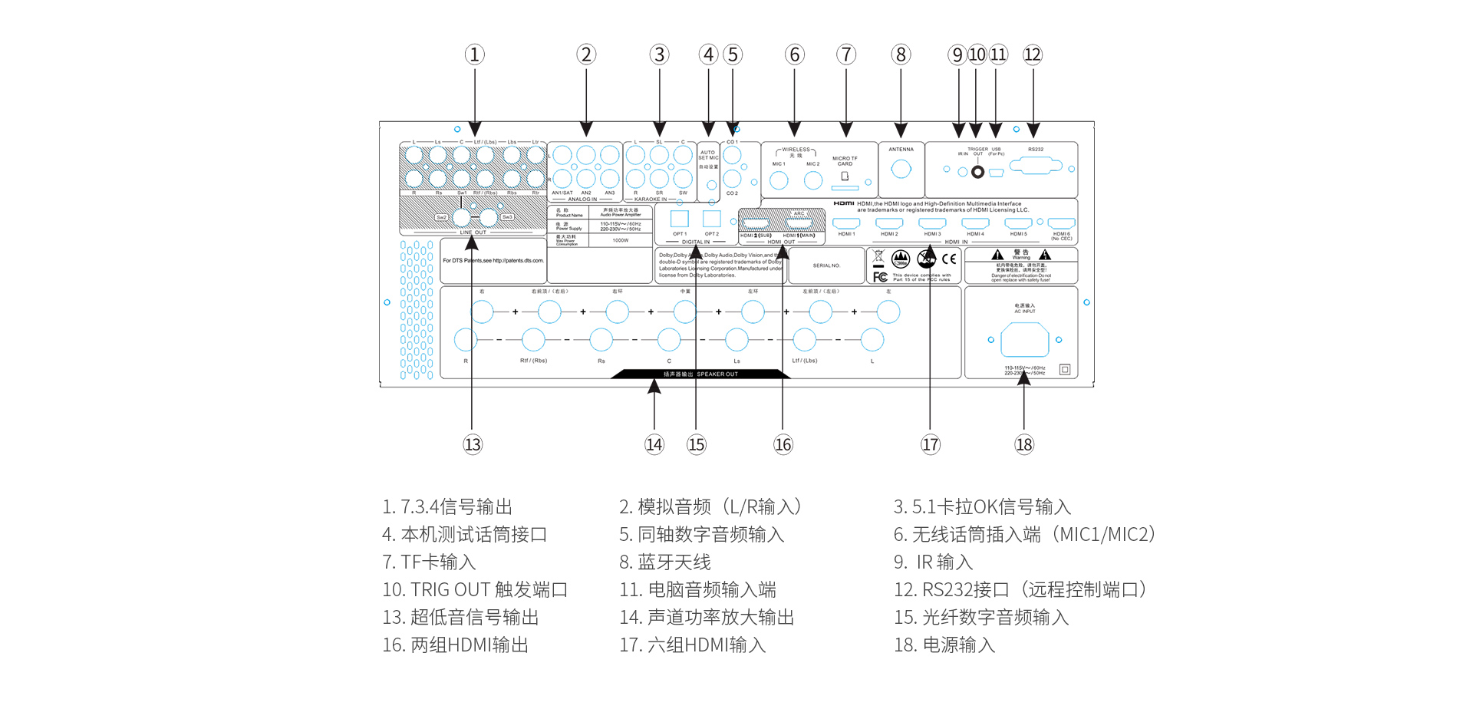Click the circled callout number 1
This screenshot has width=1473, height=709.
pos(474,54)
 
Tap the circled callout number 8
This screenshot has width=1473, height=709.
pos(901,54)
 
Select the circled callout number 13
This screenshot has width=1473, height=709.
pos(473,444)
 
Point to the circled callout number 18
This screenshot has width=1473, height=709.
pos(1024,444)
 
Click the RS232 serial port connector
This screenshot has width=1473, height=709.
pos(1035,166)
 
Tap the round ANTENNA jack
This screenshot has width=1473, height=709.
pos(901,169)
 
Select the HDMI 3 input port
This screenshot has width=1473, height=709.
pos(932,223)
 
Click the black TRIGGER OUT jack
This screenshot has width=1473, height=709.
pos(977,172)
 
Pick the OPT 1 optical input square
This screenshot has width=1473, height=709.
pos(680,218)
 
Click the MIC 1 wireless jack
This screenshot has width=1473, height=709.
pos(779,180)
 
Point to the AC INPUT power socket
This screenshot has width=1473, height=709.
pos(1025,339)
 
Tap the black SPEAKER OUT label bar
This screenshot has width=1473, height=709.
pos(700,374)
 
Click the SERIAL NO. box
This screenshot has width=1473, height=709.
pos(826,265)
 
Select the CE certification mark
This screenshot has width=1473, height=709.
pos(949,259)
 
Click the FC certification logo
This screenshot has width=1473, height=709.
pos(880,277)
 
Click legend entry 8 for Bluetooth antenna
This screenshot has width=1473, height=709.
pos(665,562)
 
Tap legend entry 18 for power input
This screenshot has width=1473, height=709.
pos(944,645)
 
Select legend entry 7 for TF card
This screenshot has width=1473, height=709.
pos(429,562)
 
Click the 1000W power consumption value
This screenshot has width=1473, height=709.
pos(621,240)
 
